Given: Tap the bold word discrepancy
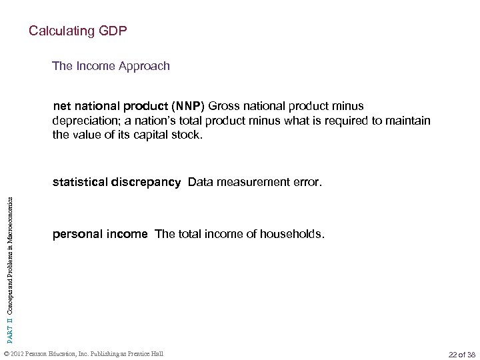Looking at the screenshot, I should point(147,181).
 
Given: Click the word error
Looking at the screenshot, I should point(307,181).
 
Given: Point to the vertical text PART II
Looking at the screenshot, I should point(10,319).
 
